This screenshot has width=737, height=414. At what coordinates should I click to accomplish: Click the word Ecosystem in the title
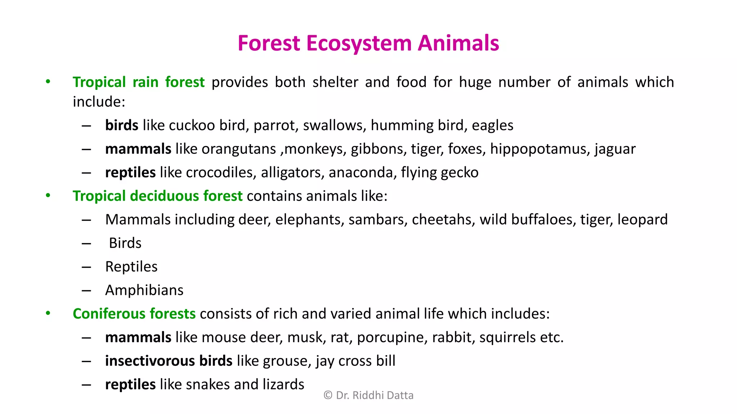(359, 43)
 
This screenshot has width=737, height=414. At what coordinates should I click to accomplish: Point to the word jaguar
(615, 149)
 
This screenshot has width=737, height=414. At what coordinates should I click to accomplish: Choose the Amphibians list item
(144, 290)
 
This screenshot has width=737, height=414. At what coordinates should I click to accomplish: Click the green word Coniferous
(109, 314)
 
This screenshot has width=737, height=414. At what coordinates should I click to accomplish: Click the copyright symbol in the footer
(328, 395)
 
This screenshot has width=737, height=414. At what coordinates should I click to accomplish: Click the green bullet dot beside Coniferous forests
(48, 313)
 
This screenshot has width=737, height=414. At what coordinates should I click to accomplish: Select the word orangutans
(238, 149)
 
